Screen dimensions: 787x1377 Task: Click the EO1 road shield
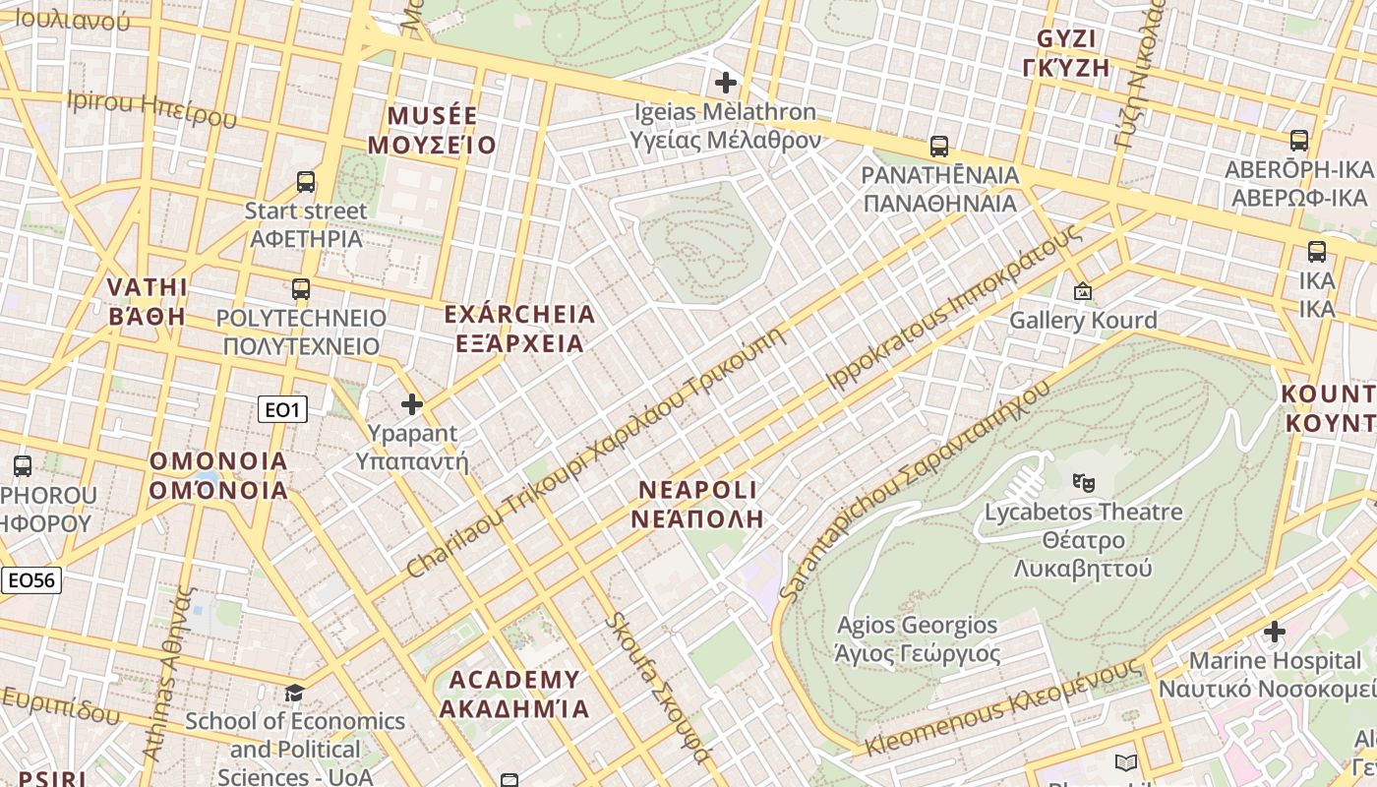[x=282, y=409]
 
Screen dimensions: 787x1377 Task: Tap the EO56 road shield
[x=30, y=580]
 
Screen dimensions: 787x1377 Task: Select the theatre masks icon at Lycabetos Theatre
[x=1084, y=482]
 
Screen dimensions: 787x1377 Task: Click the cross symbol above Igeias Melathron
[x=726, y=83]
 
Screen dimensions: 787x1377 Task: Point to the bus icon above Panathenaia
[x=939, y=147]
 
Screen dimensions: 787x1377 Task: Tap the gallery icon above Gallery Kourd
[x=1083, y=291]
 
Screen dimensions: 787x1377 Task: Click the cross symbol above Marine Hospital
[x=1275, y=631]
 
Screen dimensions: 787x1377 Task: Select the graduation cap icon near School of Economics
[x=294, y=694]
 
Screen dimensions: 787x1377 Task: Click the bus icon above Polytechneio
[x=301, y=289]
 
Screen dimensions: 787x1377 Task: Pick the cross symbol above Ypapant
[x=412, y=404]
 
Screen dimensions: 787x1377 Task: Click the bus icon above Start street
[x=306, y=182]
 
